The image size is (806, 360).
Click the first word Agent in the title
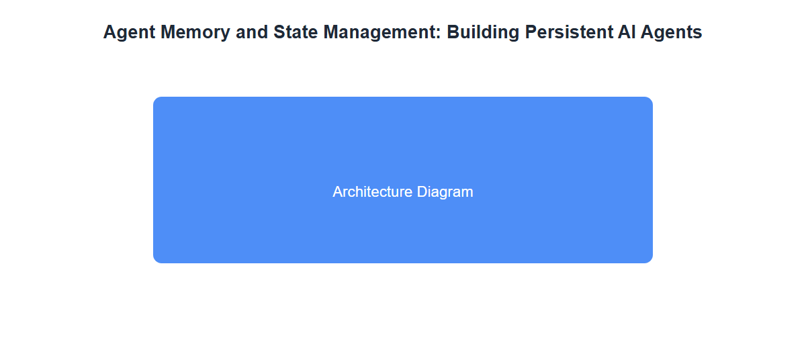[x=129, y=33]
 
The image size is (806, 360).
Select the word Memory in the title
[x=195, y=33]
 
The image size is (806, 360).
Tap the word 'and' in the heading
[x=252, y=32]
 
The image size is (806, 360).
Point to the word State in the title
[x=296, y=32]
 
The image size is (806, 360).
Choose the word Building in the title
[x=483, y=33]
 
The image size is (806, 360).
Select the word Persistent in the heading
[x=568, y=32]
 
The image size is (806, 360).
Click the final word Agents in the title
[x=672, y=33]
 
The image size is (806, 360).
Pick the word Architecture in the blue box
[x=372, y=191]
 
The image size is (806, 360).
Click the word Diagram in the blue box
[x=445, y=192]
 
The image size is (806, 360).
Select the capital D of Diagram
[x=422, y=191]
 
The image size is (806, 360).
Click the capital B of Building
[x=453, y=32]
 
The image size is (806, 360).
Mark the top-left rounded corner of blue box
[x=155, y=99]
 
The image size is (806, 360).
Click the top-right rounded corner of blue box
[x=651, y=99]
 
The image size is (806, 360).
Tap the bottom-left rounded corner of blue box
[x=155, y=261]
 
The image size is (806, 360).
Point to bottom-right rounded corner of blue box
[x=651, y=261]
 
